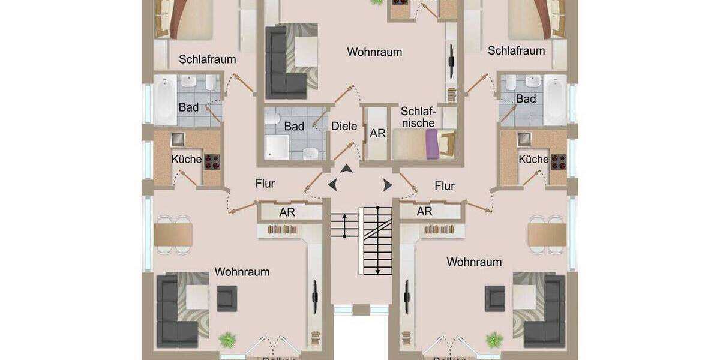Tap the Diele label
(344, 127)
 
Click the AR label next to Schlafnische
(378, 134)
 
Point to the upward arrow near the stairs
(346, 170)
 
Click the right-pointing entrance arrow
(387, 185)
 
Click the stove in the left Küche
(212, 161)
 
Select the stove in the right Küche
(558, 161)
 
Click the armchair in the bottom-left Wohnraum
(227, 298)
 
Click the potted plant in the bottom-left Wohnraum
(227, 340)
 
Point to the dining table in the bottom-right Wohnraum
(547, 235)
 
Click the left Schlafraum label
(208, 59)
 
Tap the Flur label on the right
(445, 186)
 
